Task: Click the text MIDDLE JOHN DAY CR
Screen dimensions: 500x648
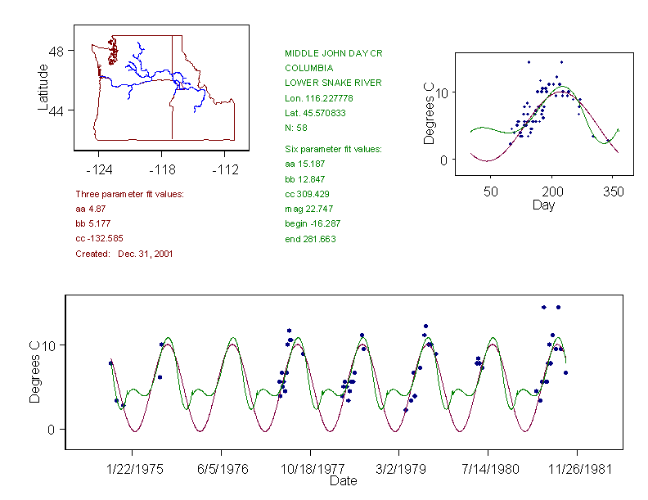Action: tap(334, 53)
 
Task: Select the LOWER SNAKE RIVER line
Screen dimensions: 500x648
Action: tap(333, 83)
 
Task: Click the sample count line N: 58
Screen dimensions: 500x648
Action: tap(295, 128)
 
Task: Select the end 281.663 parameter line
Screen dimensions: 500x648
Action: tap(310, 239)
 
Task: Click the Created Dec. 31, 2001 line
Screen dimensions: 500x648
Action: tap(124, 254)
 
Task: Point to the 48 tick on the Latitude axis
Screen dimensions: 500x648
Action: tap(57, 50)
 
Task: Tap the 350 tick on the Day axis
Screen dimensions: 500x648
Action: tap(613, 191)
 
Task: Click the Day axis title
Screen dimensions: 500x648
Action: tap(543, 205)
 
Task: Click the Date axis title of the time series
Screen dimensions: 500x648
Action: tap(343, 481)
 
